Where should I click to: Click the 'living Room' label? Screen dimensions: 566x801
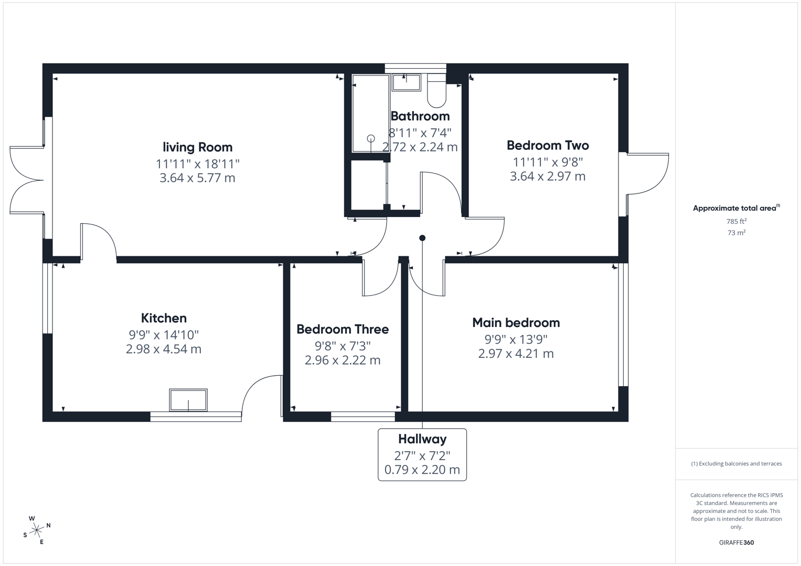pyautogui.click(x=197, y=147)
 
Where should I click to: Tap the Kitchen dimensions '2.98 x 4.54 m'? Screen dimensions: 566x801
pyautogui.click(x=164, y=349)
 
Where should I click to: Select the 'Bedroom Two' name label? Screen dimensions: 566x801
pyautogui.click(x=548, y=145)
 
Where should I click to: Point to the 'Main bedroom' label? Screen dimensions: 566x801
pyautogui.click(x=516, y=322)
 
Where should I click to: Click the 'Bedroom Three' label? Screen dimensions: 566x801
pyautogui.click(x=343, y=329)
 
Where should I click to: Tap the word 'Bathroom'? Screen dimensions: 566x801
pyautogui.click(x=420, y=116)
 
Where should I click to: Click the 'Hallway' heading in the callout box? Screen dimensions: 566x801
pyautogui.click(x=422, y=439)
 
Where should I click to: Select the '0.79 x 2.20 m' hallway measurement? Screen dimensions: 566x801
pyautogui.click(x=422, y=470)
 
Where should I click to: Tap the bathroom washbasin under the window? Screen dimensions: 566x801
pyautogui.click(x=407, y=83)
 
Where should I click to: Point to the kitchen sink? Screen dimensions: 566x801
pyautogui.click(x=188, y=400)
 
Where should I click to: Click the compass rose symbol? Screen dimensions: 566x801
pyautogui.click(x=37, y=530)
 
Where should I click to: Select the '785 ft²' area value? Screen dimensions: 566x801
pyautogui.click(x=736, y=221)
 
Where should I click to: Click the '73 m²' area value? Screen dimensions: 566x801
pyautogui.click(x=736, y=233)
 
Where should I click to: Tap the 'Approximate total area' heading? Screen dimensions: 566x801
pyautogui.click(x=736, y=208)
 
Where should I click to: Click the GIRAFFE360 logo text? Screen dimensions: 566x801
pyautogui.click(x=736, y=542)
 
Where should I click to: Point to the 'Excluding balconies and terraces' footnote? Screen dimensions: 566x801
pyautogui.click(x=736, y=464)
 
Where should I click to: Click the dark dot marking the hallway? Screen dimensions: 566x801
pyautogui.click(x=422, y=238)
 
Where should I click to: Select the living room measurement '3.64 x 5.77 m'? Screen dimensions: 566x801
pyautogui.click(x=197, y=178)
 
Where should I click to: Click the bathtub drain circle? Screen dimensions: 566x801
pyautogui.click(x=371, y=138)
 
